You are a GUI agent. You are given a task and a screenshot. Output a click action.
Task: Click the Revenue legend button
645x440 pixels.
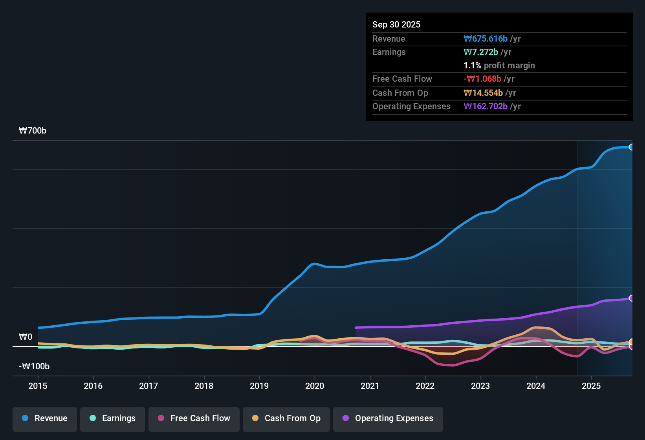tap(45, 418)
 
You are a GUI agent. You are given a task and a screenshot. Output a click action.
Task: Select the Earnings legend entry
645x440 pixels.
tap(113, 418)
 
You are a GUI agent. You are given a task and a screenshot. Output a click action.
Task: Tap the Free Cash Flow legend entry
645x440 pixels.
tap(194, 418)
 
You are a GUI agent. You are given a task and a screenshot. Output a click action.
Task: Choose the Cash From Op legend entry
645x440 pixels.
tap(286, 418)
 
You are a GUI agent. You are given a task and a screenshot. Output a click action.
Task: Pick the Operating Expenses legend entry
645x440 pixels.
tap(388, 418)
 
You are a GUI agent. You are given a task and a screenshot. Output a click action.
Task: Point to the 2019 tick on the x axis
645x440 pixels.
tap(259, 386)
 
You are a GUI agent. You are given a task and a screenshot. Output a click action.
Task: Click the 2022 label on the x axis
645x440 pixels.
tap(425, 386)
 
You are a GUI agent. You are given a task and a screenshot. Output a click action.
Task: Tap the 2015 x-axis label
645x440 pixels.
tap(38, 386)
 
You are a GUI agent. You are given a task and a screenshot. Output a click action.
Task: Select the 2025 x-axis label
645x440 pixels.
tap(591, 386)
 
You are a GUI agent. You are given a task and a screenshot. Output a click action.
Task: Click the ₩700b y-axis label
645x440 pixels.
tap(33, 131)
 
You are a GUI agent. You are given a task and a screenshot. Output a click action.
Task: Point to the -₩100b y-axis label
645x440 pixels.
tap(34, 367)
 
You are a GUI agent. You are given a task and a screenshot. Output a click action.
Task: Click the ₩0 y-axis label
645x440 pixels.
tap(26, 337)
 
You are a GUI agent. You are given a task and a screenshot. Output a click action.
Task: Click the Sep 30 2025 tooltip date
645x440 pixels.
tap(396, 24)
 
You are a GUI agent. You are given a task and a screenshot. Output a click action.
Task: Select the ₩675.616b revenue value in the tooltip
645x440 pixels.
tap(486, 39)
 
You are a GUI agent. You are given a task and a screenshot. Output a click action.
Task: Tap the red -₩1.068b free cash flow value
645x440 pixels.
tap(482, 79)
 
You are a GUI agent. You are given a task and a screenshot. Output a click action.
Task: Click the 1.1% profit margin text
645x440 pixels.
tap(499, 66)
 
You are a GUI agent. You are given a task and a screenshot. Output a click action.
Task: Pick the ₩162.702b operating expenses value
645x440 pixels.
tap(486, 106)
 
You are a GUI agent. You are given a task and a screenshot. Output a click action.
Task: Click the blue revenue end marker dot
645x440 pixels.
tap(631, 147)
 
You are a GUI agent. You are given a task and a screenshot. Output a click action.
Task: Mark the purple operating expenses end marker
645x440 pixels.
tap(631, 298)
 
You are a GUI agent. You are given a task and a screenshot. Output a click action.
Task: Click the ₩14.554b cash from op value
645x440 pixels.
tap(483, 93)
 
